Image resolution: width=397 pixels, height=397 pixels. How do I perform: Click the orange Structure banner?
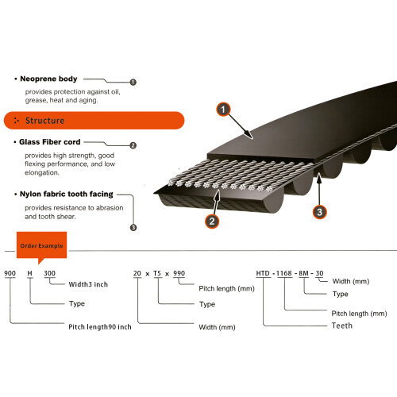(94, 121)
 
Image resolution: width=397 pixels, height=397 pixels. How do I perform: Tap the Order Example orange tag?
(41, 245)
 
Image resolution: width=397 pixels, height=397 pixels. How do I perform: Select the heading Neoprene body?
(48, 79)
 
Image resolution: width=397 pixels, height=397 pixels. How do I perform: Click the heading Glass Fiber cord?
(50, 142)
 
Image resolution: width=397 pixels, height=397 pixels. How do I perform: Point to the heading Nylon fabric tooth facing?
(67, 194)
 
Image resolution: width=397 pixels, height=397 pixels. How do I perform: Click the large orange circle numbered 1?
(223, 110)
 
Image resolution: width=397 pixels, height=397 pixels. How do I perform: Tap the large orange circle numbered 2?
(212, 221)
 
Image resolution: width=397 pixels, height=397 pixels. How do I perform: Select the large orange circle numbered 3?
(319, 212)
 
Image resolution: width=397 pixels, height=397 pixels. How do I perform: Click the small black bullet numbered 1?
(133, 83)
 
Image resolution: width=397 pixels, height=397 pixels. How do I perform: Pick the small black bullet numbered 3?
(133, 227)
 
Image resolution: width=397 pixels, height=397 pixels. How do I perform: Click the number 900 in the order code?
(10, 273)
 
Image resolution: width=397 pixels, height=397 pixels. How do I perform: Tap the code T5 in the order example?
(157, 273)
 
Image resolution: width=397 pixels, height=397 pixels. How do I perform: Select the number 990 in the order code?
(179, 273)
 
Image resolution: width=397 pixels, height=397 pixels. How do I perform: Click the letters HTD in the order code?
(263, 273)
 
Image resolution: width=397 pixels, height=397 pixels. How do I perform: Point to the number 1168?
(284, 273)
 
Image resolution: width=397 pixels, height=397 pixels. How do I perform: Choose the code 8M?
(303, 273)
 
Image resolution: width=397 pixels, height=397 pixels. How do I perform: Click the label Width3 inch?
(88, 284)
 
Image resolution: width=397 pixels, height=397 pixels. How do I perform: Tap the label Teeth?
(342, 326)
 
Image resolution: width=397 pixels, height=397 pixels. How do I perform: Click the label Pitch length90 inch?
(100, 327)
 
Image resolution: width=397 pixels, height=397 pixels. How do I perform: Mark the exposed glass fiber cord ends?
(220, 185)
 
